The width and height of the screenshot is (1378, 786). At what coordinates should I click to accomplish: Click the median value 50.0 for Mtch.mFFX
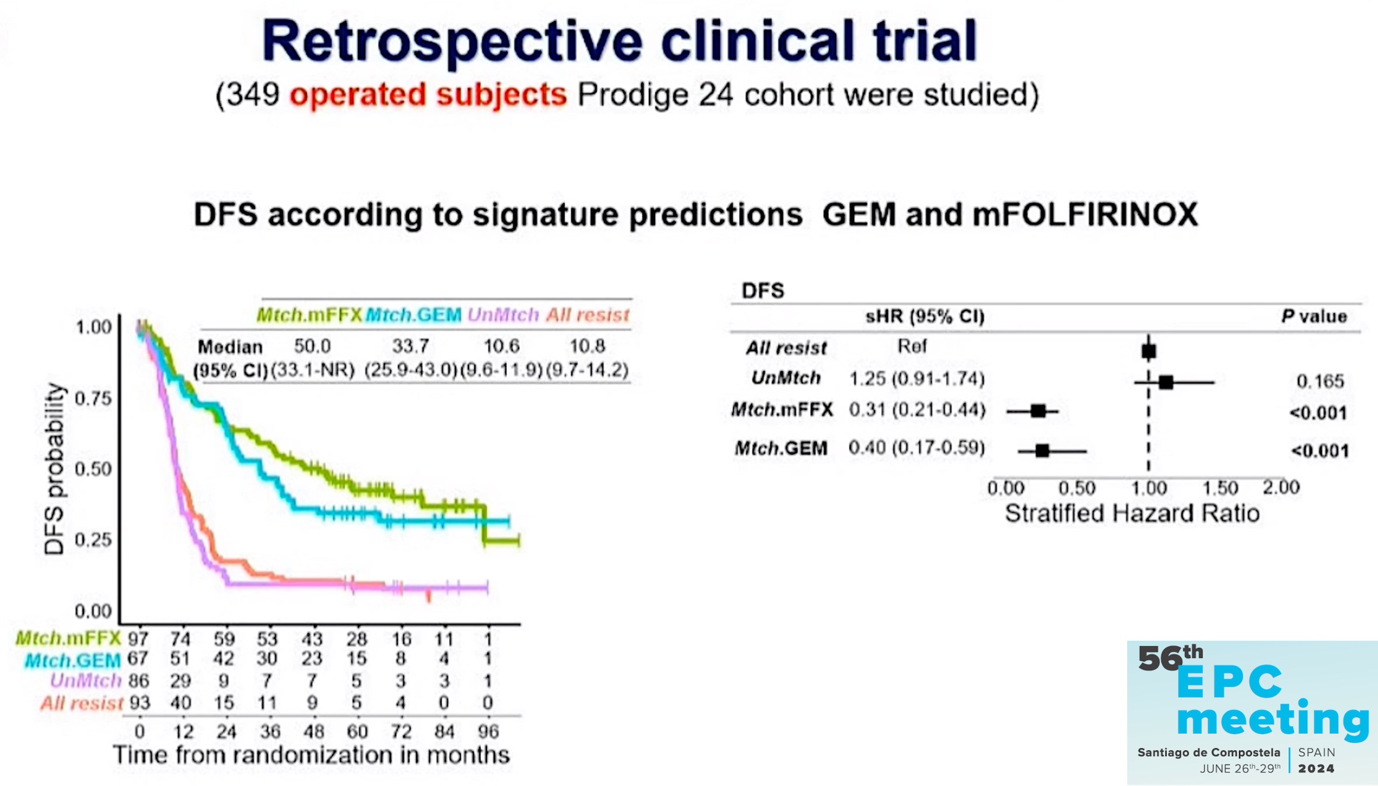click(312, 346)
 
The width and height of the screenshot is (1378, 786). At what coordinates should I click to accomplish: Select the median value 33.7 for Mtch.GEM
click(411, 346)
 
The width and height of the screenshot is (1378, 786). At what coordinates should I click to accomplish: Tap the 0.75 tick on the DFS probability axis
click(93, 399)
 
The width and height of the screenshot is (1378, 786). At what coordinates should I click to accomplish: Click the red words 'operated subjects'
click(428, 94)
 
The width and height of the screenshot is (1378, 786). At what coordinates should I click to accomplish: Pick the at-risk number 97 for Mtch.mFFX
click(138, 639)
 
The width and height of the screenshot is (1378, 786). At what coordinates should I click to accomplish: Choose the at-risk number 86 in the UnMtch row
click(138, 681)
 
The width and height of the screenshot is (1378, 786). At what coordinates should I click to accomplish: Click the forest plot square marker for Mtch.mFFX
click(1038, 411)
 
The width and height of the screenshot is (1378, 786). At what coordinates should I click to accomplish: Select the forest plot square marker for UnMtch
click(1166, 383)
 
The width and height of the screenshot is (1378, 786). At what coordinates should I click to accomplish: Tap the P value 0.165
click(1320, 381)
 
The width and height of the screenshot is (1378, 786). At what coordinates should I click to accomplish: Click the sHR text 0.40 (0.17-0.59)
click(917, 448)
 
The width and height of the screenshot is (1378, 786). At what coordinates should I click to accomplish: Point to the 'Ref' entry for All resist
click(912, 346)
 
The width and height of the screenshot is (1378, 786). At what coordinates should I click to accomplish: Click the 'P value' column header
click(1314, 316)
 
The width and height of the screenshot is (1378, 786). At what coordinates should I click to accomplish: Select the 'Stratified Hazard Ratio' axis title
click(1132, 514)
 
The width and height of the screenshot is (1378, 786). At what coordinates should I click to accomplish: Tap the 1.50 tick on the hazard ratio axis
click(1220, 487)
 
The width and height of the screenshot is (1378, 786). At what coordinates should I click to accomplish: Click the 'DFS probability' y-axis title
click(54, 469)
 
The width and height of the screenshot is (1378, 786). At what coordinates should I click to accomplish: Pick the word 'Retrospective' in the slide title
click(452, 41)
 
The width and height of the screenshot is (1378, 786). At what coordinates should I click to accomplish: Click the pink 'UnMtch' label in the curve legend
click(503, 315)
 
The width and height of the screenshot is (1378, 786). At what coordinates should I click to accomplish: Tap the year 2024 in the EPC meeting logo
click(1316, 769)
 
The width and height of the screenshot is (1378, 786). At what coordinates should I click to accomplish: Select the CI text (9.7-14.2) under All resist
click(587, 370)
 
